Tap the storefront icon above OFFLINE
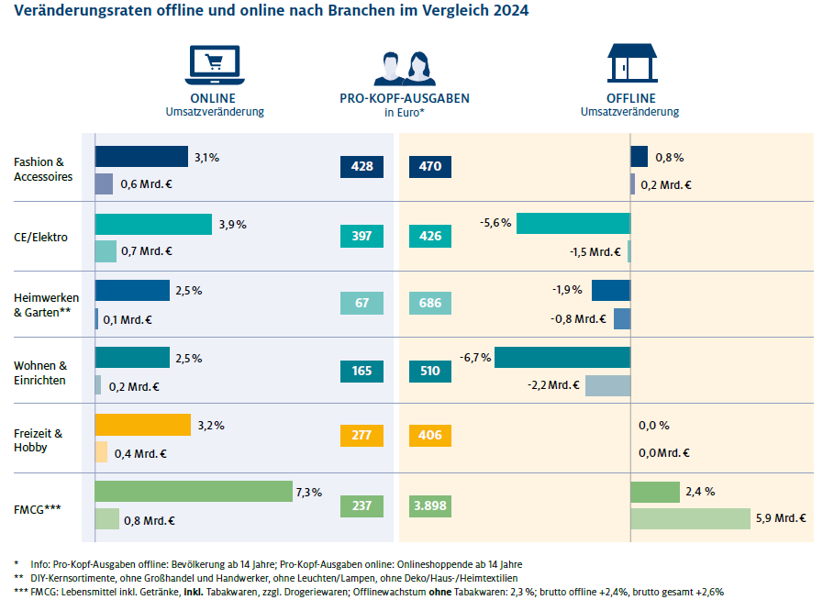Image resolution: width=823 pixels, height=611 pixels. pos(632,64)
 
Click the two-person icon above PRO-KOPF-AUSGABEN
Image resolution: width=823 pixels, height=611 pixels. pos(404,68)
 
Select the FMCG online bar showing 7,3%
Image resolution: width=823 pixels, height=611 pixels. pos(193,492)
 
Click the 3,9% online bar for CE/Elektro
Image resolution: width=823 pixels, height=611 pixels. pos(153,224)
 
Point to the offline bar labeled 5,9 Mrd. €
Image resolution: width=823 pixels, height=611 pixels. pos(690,518)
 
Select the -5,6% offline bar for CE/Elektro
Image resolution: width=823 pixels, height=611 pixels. pos(573,223)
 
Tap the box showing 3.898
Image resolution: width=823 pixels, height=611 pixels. pos(429,505)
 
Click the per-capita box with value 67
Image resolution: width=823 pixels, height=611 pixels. pos(361,304)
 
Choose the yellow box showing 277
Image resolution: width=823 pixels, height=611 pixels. pos(361,436)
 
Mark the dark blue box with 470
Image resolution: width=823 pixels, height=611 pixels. pos(429,166)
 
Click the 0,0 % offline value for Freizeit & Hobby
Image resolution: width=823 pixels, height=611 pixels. pos(653,426)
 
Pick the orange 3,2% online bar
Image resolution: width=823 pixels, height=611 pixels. pos(142,425)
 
